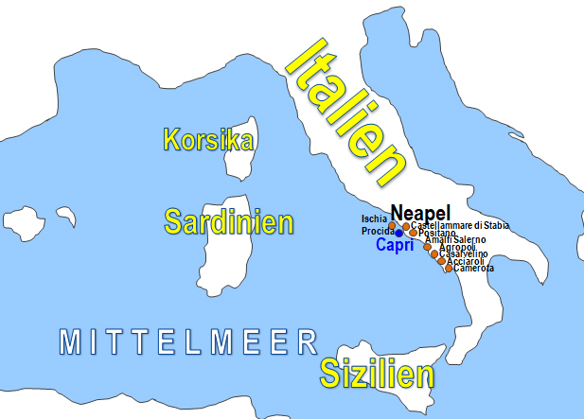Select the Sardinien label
click(x=228, y=222)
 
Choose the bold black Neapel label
click(x=420, y=212)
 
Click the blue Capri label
click(x=395, y=246)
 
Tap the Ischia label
click(x=375, y=219)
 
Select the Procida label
click(x=377, y=232)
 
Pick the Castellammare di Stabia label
click(x=460, y=225)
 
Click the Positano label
click(x=436, y=234)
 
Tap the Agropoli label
click(x=458, y=248)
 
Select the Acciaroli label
click(x=464, y=262)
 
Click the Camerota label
click(x=473, y=269)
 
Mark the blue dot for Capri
click(x=399, y=233)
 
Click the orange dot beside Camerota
click(x=449, y=269)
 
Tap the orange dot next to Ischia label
click(x=392, y=225)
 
